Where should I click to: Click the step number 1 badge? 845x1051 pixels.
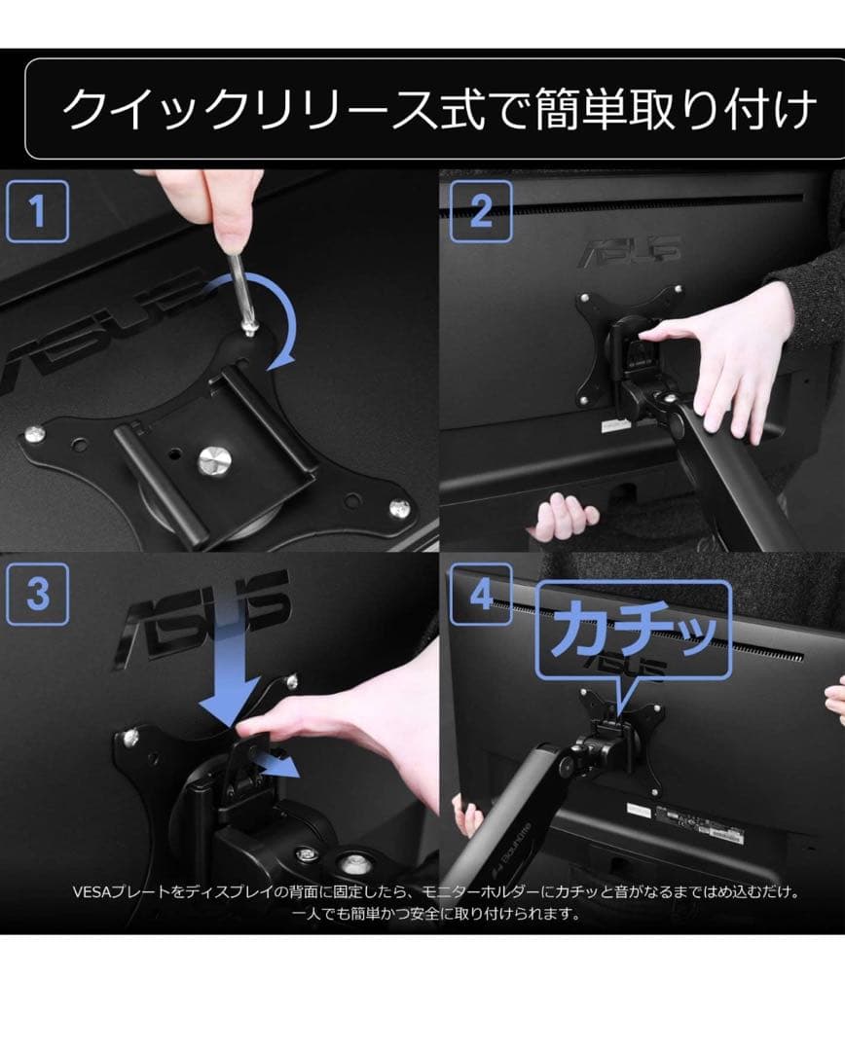(x=38, y=211)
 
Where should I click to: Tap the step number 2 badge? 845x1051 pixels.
(x=481, y=211)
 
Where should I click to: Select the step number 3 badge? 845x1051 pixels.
(x=38, y=595)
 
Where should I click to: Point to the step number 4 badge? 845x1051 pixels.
(x=481, y=595)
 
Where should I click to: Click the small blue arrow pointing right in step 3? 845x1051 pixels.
(x=278, y=764)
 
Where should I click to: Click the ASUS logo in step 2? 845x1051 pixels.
(x=632, y=251)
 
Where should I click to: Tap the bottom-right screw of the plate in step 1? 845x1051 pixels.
(x=400, y=509)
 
